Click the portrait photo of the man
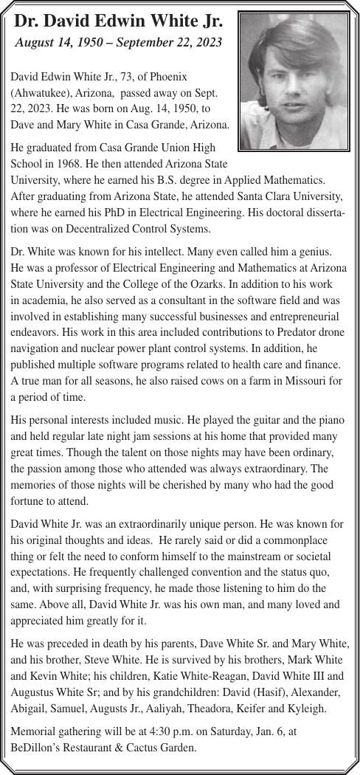click(294, 81)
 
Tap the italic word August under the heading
click(38, 43)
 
